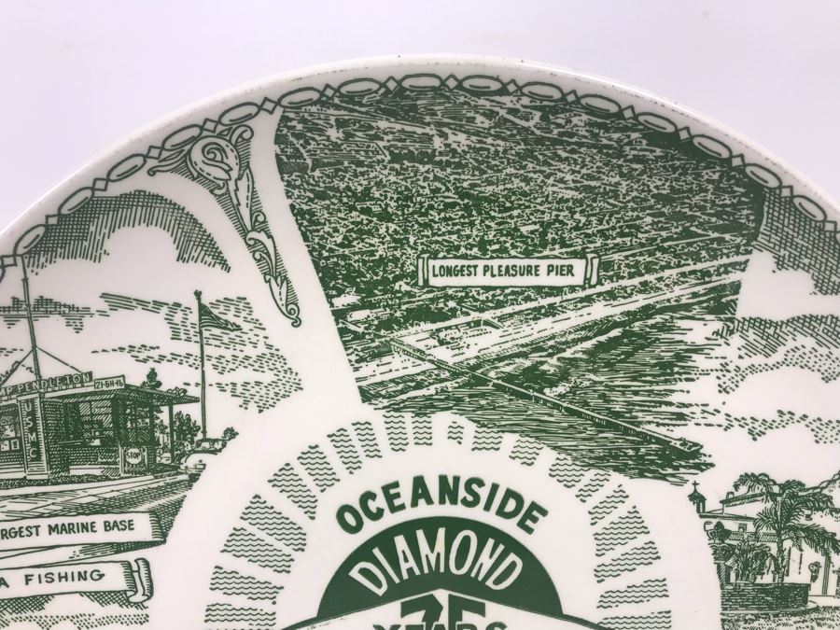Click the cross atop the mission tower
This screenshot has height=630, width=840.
coord(693,490)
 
